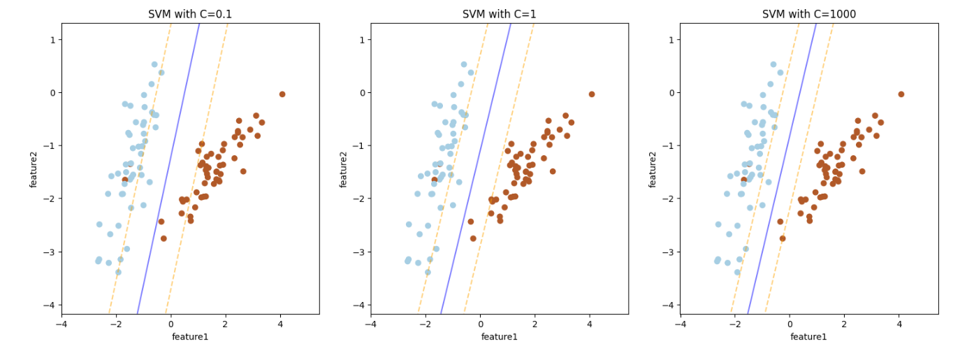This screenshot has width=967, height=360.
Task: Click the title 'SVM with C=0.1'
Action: (x=190, y=14)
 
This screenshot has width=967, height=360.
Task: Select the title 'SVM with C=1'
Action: (x=499, y=14)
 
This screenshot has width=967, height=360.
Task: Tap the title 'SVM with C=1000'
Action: (x=809, y=14)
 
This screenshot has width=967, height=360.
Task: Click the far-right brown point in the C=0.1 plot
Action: (x=282, y=94)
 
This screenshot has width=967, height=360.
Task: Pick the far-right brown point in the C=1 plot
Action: (x=592, y=94)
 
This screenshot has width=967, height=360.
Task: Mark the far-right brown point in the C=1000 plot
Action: (x=901, y=94)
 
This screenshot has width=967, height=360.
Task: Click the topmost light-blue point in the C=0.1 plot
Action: (x=154, y=64)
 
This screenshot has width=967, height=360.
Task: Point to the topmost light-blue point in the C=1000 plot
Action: (x=773, y=64)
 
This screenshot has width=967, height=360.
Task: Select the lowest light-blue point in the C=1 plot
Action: (x=428, y=273)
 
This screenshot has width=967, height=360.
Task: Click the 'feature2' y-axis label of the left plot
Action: (x=34, y=170)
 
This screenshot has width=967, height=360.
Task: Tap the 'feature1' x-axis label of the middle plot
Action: (x=500, y=337)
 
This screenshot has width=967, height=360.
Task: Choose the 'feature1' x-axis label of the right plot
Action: (x=808, y=337)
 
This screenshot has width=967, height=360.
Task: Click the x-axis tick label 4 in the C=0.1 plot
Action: (x=280, y=324)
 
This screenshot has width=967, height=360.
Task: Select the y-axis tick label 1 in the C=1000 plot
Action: (x=671, y=40)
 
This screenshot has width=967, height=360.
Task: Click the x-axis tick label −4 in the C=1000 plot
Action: (x=681, y=324)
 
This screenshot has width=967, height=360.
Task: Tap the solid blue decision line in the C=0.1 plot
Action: (x=168, y=168)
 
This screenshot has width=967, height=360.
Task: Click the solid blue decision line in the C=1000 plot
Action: (x=782, y=168)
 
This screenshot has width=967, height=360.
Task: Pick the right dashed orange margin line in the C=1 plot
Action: (x=499, y=168)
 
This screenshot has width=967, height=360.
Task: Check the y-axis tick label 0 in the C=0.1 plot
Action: (x=53, y=93)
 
